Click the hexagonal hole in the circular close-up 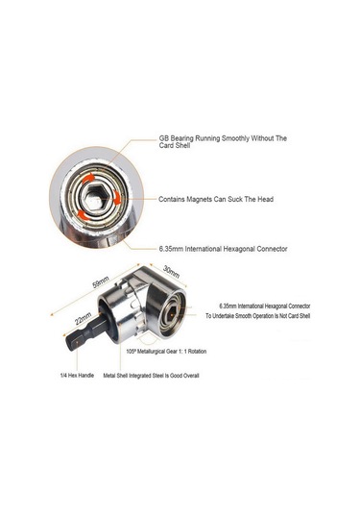click(x=97, y=200)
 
